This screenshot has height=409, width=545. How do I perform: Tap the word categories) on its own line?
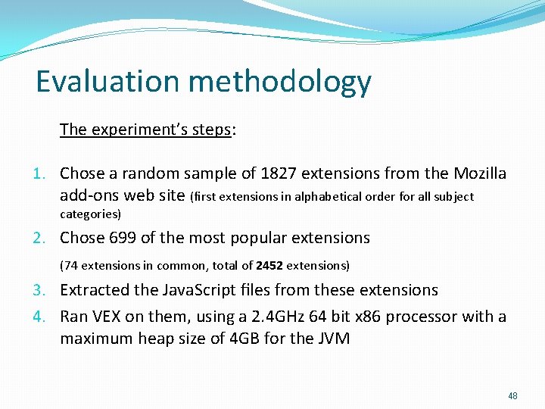coord(90,214)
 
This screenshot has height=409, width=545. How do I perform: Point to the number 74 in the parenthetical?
coord(70,265)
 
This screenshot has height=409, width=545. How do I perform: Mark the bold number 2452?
coord(269,265)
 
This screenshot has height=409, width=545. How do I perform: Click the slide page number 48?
coord(512,396)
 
